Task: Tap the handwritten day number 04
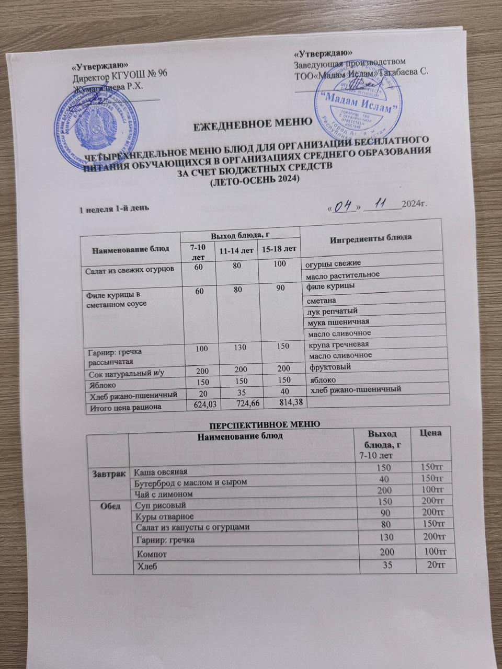(x=341, y=207)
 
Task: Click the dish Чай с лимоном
(x=161, y=493)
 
